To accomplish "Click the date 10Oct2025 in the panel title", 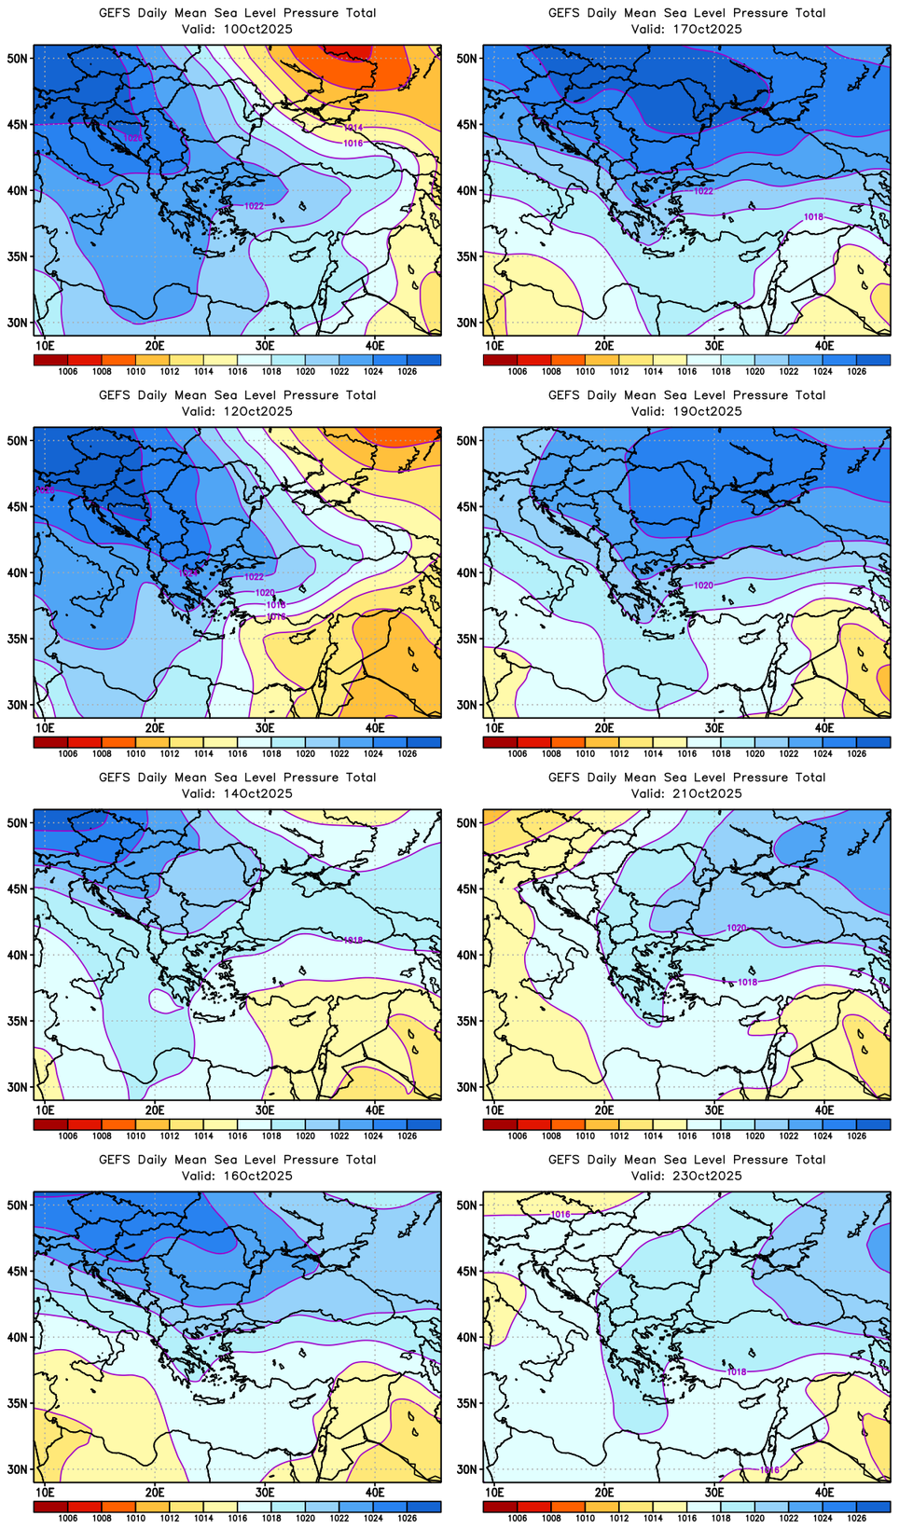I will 252,29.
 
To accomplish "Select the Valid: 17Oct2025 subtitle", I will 686,29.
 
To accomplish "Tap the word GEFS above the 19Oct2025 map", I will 563,395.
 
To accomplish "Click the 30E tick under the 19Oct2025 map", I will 714,727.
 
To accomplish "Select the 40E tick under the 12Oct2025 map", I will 375,727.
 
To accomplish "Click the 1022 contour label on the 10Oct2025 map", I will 254,206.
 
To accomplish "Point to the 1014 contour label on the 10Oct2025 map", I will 353,128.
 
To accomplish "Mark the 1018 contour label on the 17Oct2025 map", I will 813,217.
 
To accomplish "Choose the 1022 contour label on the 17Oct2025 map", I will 703,191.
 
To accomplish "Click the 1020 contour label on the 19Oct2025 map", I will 704,585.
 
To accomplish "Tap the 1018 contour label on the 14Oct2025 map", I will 353,941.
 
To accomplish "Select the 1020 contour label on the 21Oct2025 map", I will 737,929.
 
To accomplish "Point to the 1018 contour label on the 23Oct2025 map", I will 737,1372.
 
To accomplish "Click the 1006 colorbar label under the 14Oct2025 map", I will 67,1136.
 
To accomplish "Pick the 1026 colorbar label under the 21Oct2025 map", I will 857,1136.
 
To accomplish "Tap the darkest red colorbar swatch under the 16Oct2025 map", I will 42,1507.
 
